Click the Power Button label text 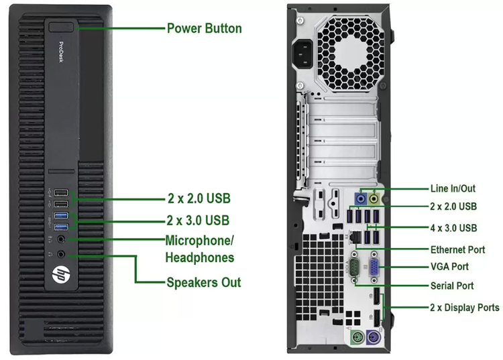(205, 28)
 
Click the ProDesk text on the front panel (61, 52)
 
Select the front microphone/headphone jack (61, 239)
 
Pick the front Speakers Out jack (61, 255)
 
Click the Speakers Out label (204, 282)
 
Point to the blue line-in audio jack (361, 198)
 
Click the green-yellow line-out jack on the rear (374, 198)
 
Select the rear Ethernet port (355, 237)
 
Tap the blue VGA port (374, 267)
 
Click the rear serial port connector (354, 267)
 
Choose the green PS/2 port (357, 338)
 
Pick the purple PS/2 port (373, 338)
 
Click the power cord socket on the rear (302, 54)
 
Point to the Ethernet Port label (458, 249)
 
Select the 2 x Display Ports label (465, 308)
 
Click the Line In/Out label (453, 188)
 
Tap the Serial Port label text (452, 286)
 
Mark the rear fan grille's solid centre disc (351, 54)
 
